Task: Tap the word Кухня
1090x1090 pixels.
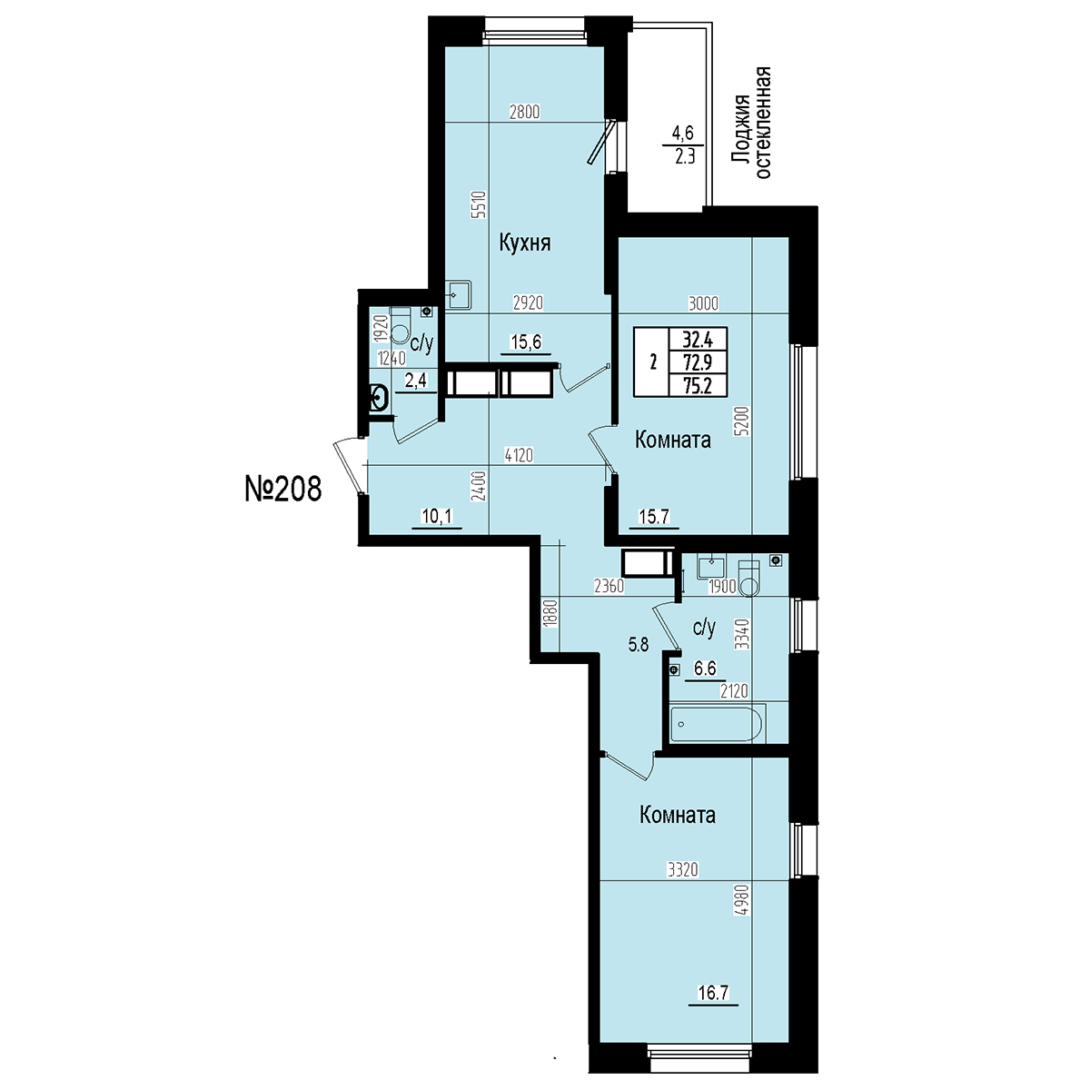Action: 525,243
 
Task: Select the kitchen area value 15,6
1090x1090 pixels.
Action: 526,342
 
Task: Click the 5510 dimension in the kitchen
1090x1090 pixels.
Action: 479,204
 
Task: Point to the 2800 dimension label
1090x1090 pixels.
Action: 525,113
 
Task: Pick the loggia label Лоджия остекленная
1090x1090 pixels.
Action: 752,124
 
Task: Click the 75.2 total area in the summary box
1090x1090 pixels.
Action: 698,386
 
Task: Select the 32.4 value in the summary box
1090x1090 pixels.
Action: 698,340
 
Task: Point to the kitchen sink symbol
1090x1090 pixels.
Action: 459,295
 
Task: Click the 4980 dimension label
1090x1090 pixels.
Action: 745,917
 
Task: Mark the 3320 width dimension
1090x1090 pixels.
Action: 683,869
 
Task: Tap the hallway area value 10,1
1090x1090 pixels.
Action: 437,516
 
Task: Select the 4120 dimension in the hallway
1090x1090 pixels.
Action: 519,455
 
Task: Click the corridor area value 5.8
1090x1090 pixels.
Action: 639,644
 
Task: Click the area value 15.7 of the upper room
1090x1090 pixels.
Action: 654,517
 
